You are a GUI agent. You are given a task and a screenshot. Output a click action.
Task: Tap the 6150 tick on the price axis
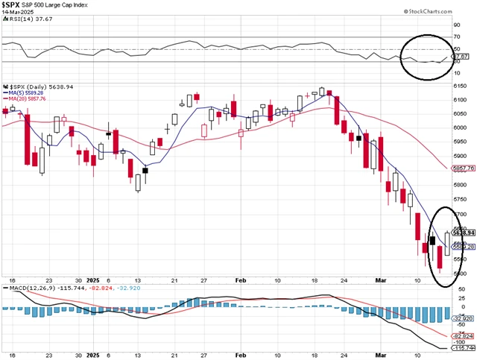pos(461,88)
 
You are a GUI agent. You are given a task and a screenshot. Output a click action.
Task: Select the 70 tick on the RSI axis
pos(455,36)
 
